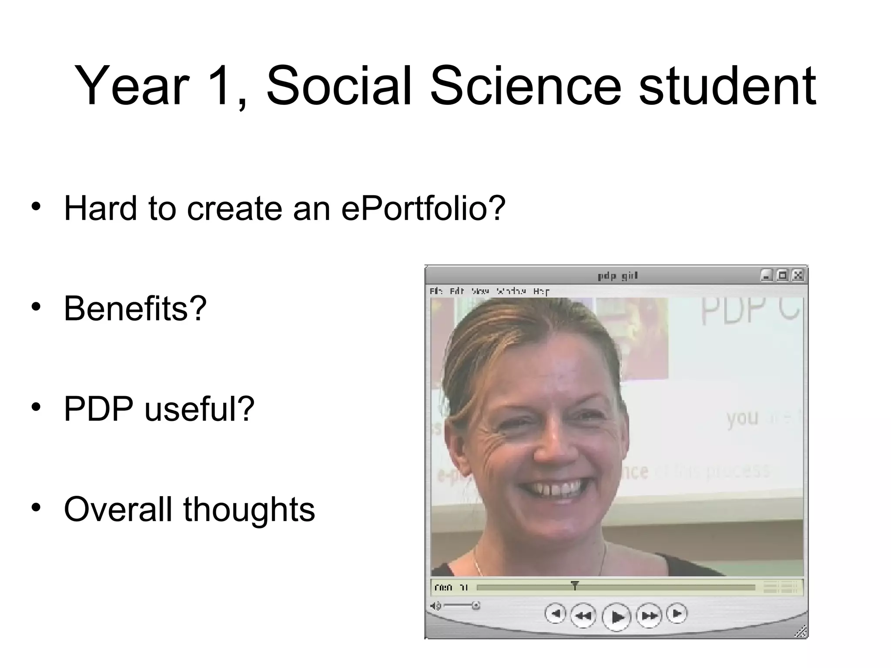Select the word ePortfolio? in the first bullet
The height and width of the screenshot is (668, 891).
pyautogui.click(x=423, y=209)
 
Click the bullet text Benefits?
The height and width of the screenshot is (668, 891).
pyautogui.click(x=135, y=308)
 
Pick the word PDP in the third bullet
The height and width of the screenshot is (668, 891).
pyautogui.click(x=98, y=409)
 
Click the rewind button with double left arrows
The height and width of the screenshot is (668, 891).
pyautogui.click(x=583, y=616)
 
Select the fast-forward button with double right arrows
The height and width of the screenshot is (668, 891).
pyautogui.click(x=649, y=616)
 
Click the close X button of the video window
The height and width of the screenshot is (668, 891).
pyautogui.click(x=797, y=275)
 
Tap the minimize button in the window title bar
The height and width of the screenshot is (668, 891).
pyautogui.click(x=767, y=275)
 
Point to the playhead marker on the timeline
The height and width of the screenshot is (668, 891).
pyautogui.click(x=575, y=585)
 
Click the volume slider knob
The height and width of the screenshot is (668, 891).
pyautogui.click(x=476, y=605)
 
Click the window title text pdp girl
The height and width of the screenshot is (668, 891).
pyautogui.click(x=617, y=276)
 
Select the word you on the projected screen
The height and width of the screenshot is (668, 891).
pyautogui.click(x=742, y=418)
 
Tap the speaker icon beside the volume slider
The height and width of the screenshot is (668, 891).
pyautogui.click(x=435, y=606)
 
